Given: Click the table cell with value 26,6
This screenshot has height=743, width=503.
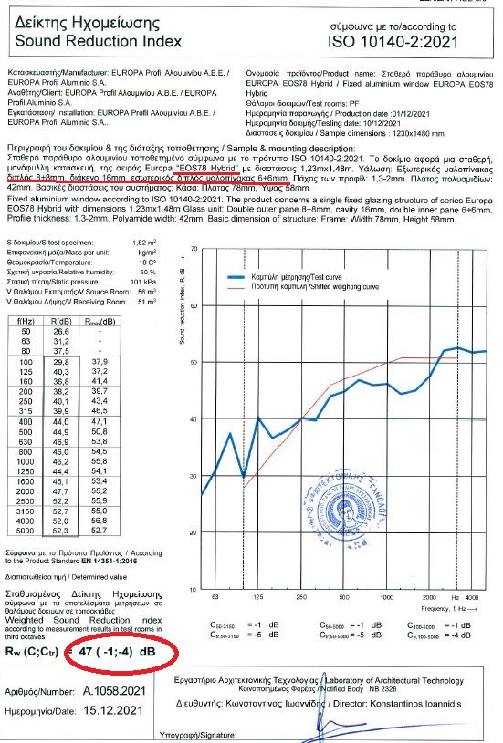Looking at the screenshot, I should [62, 331].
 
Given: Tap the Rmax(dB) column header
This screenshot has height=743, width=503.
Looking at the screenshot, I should [100, 321].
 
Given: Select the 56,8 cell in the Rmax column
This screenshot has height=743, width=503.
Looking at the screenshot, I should [100, 520].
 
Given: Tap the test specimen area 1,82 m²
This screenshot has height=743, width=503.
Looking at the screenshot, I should [145, 239].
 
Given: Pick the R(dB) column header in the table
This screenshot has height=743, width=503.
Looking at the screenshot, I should [62, 321].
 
